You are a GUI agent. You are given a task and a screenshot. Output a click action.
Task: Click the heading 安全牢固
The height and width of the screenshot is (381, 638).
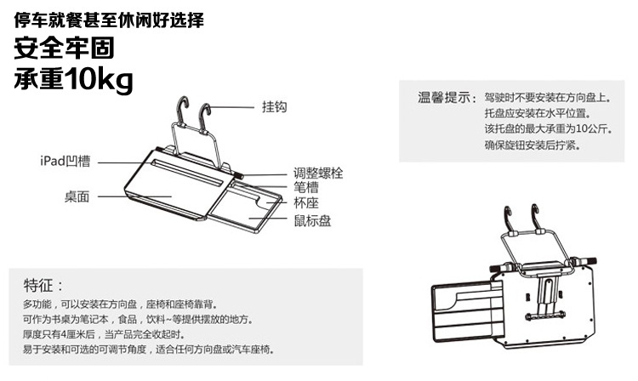click(x=65, y=48)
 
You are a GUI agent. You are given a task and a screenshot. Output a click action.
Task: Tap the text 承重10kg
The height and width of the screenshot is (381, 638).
click(x=74, y=80)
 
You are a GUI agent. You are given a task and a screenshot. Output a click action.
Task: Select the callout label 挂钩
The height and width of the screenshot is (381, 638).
click(x=274, y=108)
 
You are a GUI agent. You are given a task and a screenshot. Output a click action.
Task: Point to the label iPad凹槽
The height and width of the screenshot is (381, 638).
click(x=66, y=160)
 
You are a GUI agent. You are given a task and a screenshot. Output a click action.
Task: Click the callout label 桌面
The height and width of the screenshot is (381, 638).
click(x=77, y=196)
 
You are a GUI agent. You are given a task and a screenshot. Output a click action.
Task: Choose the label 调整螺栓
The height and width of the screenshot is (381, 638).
click(x=318, y=172)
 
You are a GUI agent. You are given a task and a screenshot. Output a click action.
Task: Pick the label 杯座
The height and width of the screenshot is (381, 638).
click(x=306, y=204)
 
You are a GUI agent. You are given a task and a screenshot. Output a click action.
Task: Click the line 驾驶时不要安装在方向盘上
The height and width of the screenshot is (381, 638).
click(x=544, y=97)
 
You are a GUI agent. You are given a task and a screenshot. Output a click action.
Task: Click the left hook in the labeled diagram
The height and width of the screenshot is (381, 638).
click(x=179, y=111)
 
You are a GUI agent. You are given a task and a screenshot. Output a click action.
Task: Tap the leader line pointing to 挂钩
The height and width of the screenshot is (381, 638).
click(x=234, y=108)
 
